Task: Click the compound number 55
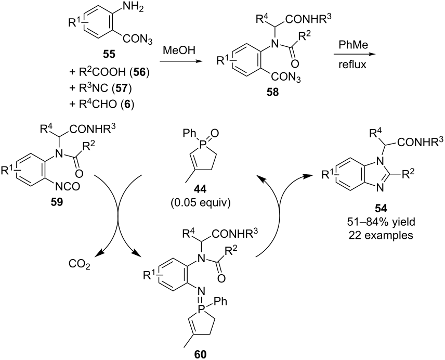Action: [109, 54]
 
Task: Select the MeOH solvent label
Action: [179, 50]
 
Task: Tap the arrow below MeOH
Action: [179, 61]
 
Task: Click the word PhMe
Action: [352, 45]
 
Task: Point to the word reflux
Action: [352, 65]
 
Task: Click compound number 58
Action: [272, 92]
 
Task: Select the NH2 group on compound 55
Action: [132, 7]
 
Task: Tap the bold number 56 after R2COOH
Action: [139, 72]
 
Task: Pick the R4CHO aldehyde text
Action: [99, 104]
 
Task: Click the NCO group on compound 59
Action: [67, 187]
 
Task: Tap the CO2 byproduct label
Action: [79, 264]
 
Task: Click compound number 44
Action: [200, 188]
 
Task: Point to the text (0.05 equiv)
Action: [200, 203]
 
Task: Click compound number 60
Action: [200, 354]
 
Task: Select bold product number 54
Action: [381, 209]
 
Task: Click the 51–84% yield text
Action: [381, 222]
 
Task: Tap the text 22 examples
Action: [381, 235]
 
